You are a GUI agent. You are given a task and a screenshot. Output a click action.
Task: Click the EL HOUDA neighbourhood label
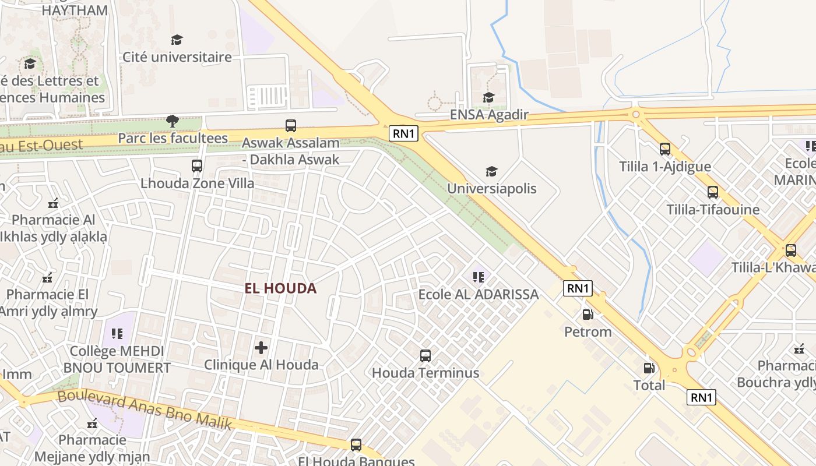tap(280, 288)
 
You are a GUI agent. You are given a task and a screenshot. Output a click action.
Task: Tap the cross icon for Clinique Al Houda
tap(261, 348)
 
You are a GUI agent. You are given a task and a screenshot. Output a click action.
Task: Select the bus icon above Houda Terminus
tap(425, 355)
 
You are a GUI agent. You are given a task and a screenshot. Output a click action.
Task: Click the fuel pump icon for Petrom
tap(588, 315)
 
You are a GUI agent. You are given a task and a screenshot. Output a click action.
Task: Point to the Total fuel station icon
tap(649, 368)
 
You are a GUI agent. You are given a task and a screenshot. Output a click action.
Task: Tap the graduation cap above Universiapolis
tap(491, 171)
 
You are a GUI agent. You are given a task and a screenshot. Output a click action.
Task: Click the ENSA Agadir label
tap(488, 114)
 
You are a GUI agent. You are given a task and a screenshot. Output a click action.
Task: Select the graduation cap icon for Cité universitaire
tap(177, 40)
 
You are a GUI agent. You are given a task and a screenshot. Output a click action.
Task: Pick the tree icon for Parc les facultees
tap(172, 121)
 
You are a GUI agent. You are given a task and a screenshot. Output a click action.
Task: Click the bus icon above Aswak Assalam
tap(290, 125)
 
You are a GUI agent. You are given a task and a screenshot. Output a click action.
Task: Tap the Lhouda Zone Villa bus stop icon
tap(197, 165)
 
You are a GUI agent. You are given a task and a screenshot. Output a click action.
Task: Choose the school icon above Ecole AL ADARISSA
tap(478, 277)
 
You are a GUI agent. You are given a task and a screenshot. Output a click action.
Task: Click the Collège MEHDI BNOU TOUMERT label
tap(117, 359)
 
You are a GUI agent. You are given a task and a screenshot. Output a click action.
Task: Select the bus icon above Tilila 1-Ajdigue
tap(664, 149)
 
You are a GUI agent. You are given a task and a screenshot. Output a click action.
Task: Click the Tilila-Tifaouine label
tap(713, 210)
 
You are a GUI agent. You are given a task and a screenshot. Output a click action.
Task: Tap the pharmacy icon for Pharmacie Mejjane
tap(92, 423)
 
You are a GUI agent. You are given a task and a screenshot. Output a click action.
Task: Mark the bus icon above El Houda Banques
tap(356, 445)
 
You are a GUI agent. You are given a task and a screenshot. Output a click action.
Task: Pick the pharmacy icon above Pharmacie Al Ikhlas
tap(53, 203)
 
